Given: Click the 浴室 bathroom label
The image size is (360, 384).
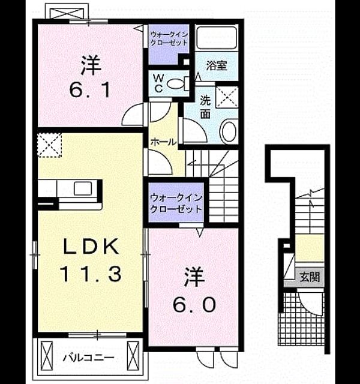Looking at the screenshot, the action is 217,65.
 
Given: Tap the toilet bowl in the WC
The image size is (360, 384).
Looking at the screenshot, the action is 175,84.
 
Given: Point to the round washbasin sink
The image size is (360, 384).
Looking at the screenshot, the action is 229,131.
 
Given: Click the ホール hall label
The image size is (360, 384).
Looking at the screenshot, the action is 164,142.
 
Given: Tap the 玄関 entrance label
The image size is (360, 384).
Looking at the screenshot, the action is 310,277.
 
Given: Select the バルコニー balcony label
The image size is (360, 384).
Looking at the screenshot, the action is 89,358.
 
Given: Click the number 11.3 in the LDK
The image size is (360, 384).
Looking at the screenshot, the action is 91,274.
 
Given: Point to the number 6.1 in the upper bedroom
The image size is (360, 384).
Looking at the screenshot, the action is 89,90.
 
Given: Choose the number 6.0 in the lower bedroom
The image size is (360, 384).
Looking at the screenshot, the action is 194,304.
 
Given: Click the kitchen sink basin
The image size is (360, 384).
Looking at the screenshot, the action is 83,188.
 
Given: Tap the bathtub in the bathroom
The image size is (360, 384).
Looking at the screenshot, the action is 217,37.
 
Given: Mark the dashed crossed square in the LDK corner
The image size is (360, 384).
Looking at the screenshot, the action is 49,145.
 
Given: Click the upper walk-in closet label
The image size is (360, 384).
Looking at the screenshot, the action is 169,38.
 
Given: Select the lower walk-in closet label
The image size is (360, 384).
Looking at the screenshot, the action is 176,203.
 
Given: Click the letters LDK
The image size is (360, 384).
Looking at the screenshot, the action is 91,246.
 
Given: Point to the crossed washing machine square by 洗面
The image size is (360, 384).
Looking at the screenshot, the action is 227,97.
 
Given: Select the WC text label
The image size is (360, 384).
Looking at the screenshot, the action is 158,83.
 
